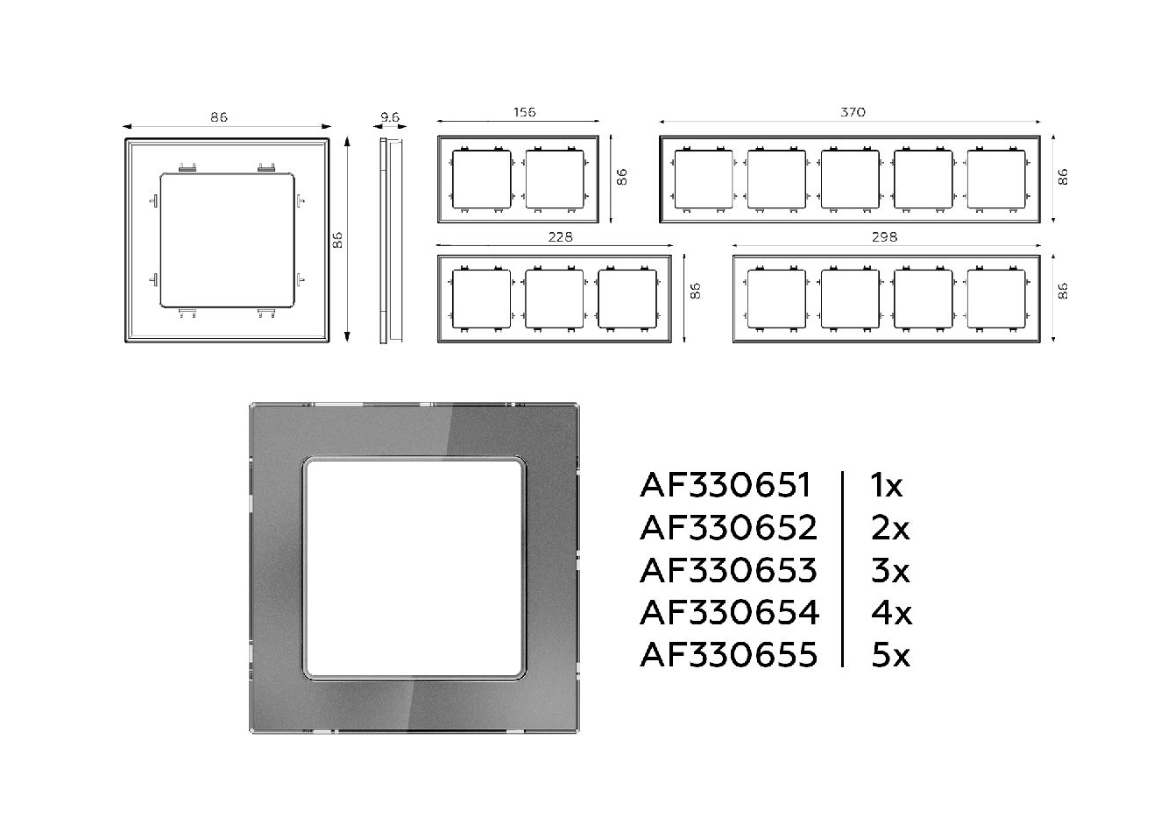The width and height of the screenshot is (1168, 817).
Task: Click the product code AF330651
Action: point(725,485)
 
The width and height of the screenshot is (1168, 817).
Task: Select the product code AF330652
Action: point(728,528)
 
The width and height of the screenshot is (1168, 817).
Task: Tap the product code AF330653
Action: point(728,570)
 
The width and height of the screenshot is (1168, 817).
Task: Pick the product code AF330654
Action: point(730,613)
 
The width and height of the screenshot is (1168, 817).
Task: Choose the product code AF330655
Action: point(728,655)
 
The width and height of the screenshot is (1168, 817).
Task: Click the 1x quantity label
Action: point(886,485)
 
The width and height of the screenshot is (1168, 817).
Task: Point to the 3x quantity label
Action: point(890,570)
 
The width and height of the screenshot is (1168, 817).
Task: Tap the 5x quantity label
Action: point(890,655)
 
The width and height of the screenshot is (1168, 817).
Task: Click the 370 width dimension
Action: point(853,112)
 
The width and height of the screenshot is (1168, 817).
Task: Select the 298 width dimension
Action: point(884,237)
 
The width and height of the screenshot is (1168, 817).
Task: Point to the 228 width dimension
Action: point(560,237)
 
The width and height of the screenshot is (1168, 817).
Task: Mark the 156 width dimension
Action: point(524,112)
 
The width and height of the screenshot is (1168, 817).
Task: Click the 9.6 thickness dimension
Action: point(390,117)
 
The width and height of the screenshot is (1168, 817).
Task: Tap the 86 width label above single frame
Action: point(219,117)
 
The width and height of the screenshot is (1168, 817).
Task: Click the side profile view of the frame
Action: point(391,241)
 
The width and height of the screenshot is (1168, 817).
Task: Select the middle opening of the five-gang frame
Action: point(850,180)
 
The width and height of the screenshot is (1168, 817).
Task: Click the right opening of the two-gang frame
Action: point(555,180)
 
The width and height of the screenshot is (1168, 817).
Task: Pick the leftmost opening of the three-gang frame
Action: point(481,299)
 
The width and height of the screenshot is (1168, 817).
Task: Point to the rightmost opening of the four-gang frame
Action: point(996,299)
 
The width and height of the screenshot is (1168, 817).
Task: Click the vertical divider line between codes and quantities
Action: point(842,569)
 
